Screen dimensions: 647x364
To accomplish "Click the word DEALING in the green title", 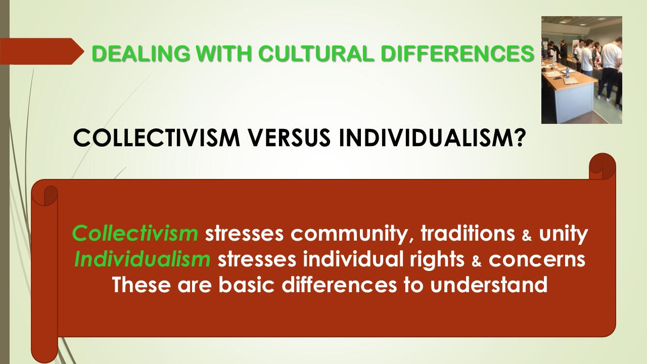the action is tap(141, 54).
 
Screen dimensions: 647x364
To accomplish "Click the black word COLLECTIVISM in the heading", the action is tap(157, 138).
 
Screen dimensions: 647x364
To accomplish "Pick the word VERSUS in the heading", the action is tap(289, 138).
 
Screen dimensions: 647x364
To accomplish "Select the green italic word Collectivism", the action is tap(135, 233).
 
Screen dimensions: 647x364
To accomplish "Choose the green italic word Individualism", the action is tap(143, 259).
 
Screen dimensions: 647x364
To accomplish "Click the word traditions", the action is tap(468, 233).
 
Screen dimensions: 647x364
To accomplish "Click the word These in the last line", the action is tap(141, 285).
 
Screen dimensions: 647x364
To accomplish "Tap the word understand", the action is tap(489, 285).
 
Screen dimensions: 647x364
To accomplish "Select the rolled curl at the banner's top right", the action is tap(602, 166).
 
